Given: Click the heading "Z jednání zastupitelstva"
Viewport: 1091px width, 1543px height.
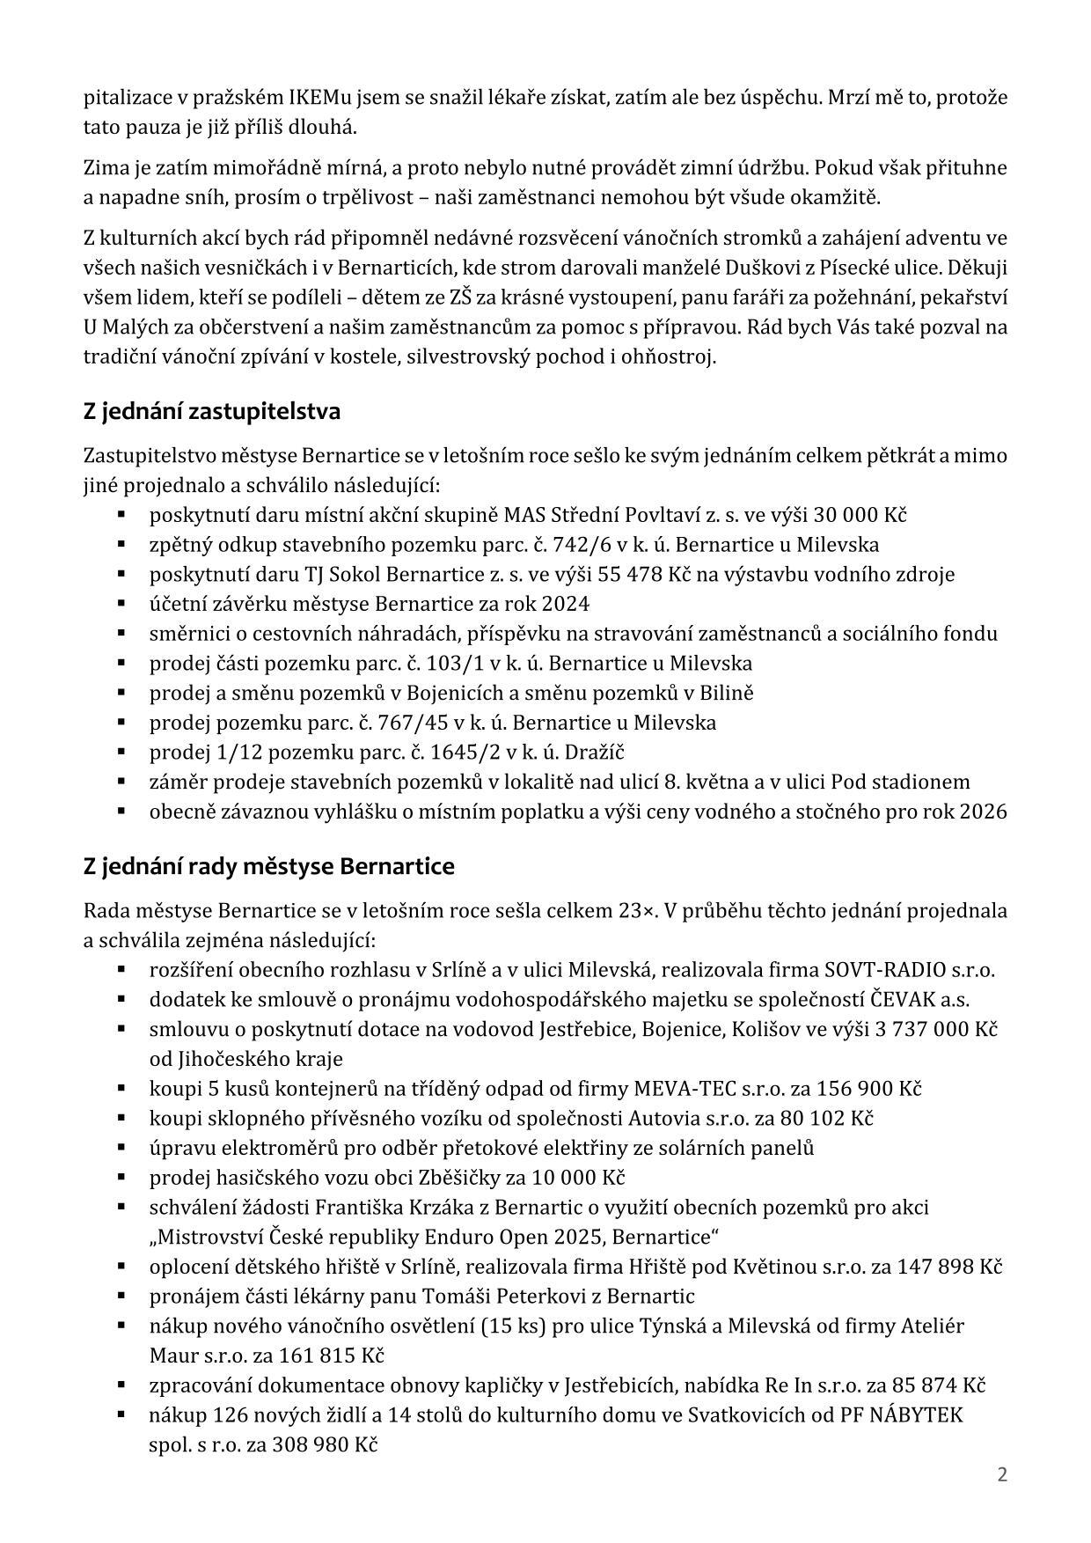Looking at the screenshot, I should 211,411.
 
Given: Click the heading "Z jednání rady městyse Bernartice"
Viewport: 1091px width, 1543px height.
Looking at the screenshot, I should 268,866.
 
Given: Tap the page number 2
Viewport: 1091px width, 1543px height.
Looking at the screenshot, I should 1002,1474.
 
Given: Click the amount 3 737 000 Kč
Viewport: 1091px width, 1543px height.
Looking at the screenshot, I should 936,1029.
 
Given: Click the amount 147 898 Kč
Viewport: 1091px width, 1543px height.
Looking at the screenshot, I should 947,1267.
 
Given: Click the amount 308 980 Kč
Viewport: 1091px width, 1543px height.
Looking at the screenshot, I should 325,1444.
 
